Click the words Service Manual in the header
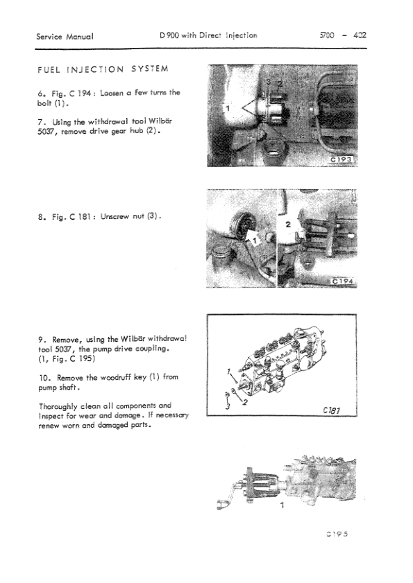point(65,35)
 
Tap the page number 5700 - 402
point(340,35)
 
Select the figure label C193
point(343,159)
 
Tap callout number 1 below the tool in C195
point(280,506)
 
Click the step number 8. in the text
point(42,216)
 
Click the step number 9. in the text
point(42,340)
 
